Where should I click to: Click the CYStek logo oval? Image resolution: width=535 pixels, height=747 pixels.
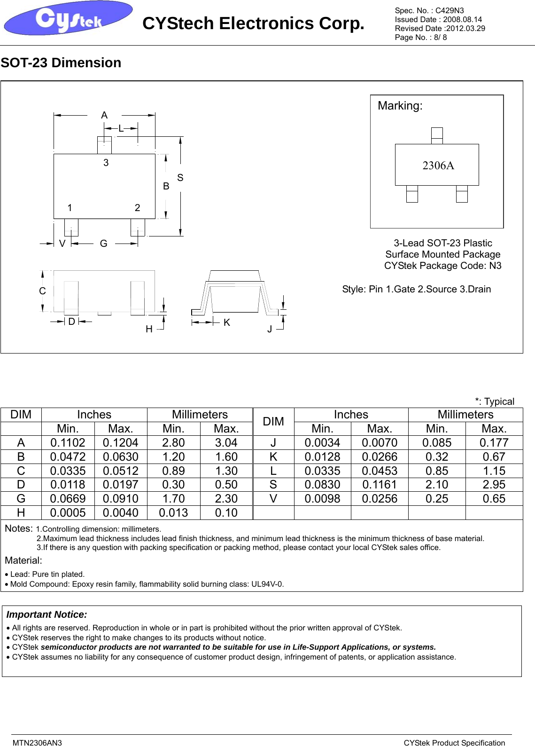[x=68, y=18]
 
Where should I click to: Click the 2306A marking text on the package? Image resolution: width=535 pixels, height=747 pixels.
[x=438, y=165]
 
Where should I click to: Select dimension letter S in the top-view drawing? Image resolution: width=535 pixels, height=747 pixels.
[x=180, y=178]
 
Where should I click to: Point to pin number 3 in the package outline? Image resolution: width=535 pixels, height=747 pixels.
[x=106, y=163]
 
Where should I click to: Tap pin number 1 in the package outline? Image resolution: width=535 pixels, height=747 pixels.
[x=70, y=208]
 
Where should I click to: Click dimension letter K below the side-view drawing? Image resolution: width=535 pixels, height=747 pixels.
[x=226, y=322]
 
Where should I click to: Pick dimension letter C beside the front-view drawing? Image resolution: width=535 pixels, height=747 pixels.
[x=42, y=291]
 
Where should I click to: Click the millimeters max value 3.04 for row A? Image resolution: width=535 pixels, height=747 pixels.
[x=226, y=443]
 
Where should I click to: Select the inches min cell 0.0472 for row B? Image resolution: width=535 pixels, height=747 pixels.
[x=68, y=457]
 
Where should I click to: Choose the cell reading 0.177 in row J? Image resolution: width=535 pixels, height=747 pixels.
[x=494, y=443]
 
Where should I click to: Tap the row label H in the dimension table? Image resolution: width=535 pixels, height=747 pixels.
[x=21, y=513]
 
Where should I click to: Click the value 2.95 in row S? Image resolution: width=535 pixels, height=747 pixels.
[x=494, y=485]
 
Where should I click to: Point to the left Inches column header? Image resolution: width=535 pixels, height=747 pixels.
[x=94, y=415]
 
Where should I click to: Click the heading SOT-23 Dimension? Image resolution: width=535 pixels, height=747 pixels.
[x=61, y=63]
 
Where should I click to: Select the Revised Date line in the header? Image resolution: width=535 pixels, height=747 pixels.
[x=440, y=28]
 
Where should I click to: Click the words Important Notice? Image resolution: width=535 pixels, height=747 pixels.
[x=47, y=614]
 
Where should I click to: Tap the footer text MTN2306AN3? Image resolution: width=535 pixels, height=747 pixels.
[x=37, y=743]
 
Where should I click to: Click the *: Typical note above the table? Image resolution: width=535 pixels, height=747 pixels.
[x=494, y=401]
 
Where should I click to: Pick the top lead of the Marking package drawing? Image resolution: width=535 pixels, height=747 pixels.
[x=437, y=135]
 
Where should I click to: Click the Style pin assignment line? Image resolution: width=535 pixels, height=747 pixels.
[x=416, y=289]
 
